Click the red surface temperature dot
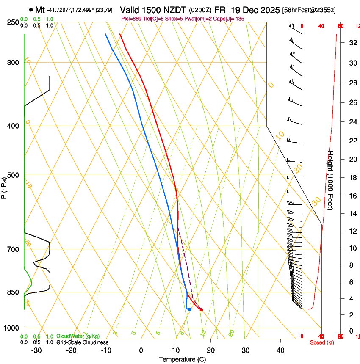pyautogui.click(x=201, y=309)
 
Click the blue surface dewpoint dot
pyautogui.click(x=190, y=309)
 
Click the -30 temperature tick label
pyautogui.click(x=36, y=350)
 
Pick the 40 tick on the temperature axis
pyautogui.click(x=280, y=350)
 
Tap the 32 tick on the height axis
pyautogui.click(x=352, y=43)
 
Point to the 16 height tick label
pyautogui.click(x=352, y=196)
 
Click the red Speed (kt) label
pyautogui.click(x=321, y=342)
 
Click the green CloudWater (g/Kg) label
pyautogui.click(x=78, y=336)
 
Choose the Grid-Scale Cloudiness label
pyautogui.click(x=82, y=342)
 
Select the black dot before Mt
pyautogui.click(x=31, y=10)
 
